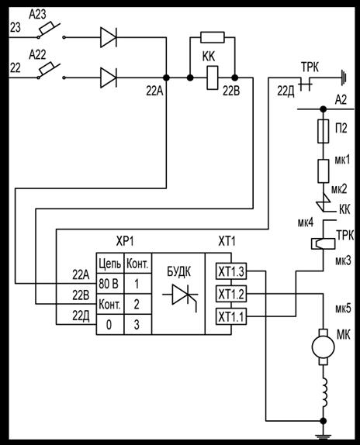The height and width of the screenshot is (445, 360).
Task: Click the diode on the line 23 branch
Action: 109,37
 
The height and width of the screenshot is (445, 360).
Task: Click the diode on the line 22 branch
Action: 109,78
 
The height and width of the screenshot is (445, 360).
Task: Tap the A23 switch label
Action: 37,15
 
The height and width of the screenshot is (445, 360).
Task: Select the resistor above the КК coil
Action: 213,37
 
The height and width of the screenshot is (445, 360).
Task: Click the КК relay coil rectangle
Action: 213,78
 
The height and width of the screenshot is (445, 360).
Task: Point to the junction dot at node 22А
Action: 166,78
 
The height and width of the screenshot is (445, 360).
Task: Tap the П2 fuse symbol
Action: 323,131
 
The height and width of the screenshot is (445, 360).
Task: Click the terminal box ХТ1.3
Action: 231,271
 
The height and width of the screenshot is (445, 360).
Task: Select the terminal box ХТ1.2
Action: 231,294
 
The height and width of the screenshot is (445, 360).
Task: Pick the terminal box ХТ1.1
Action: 231,316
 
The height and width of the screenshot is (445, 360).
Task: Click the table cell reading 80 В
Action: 110,284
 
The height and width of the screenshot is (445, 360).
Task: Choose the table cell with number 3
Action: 137,324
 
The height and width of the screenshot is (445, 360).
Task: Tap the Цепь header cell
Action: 110,264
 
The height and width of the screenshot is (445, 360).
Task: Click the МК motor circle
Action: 323,347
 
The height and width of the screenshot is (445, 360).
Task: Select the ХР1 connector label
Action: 125,242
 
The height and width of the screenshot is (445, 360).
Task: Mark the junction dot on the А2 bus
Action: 323,109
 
